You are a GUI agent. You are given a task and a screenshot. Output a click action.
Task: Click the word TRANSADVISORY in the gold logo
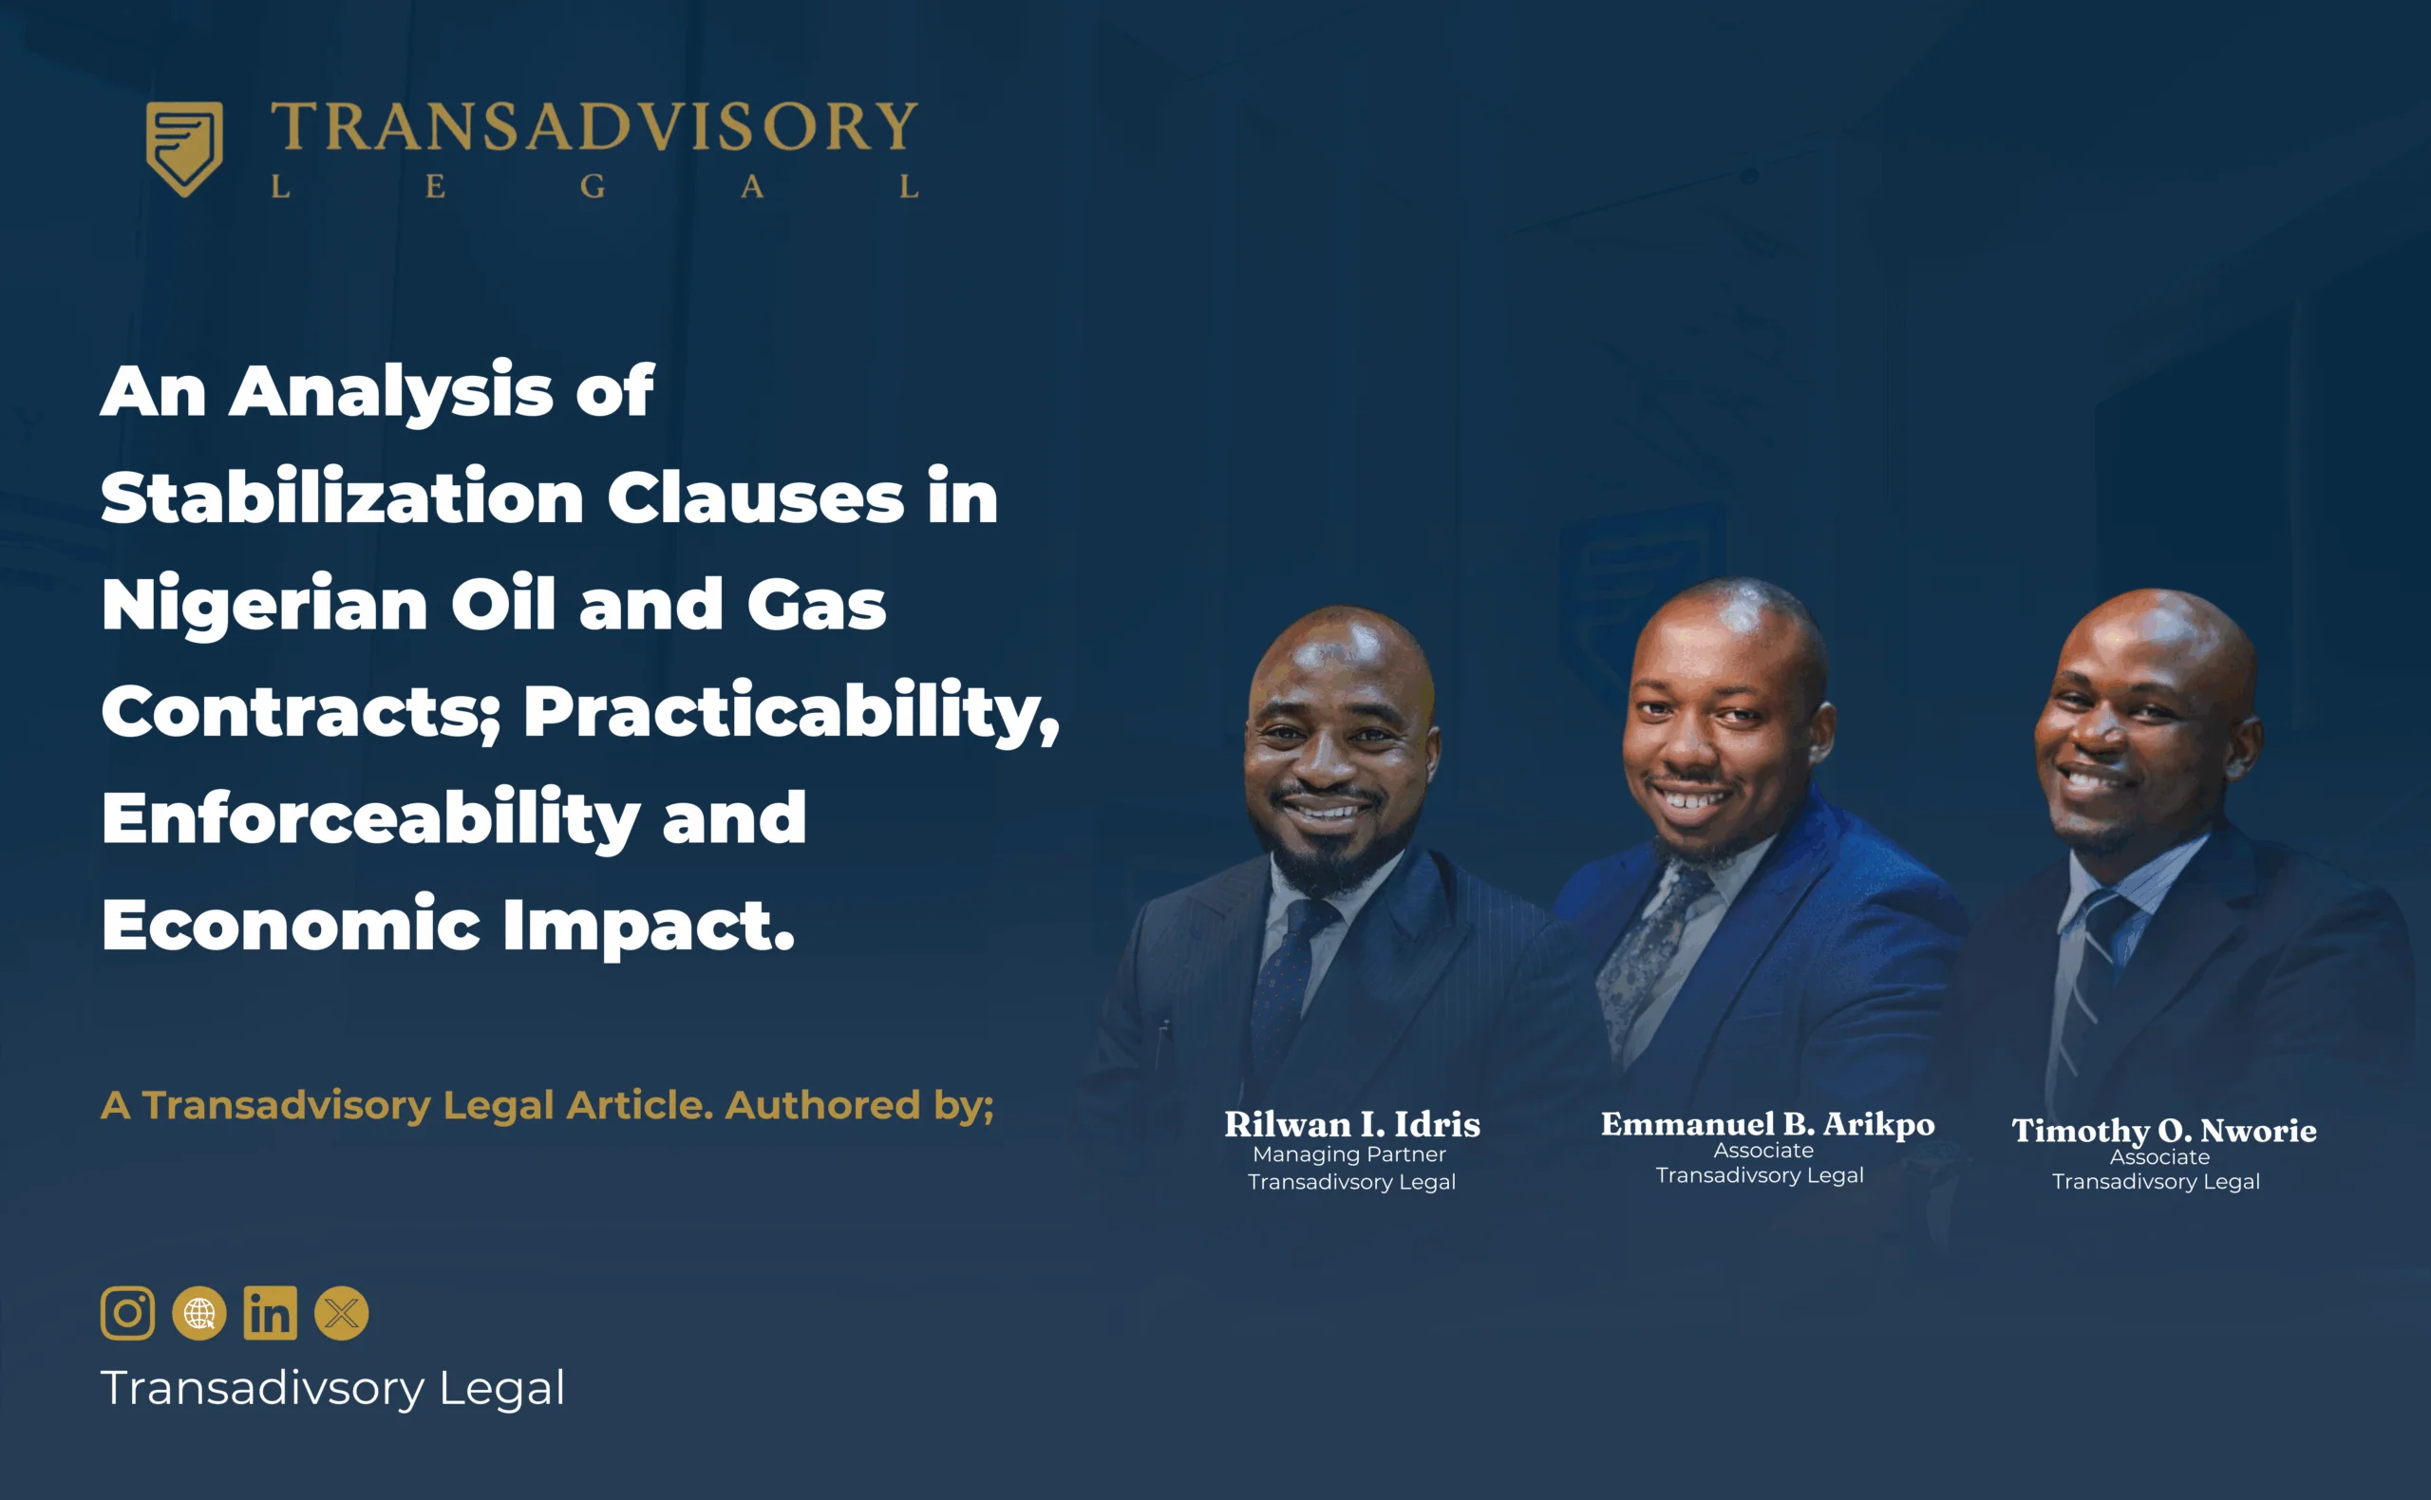[594, 127]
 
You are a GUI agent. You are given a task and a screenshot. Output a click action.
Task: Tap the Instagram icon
[128, 1314]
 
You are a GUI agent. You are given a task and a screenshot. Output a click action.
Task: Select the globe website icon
[199, 1314]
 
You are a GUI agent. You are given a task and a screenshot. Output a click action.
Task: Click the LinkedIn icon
[270, 1314]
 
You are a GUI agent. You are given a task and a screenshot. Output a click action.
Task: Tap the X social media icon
[341, 1314]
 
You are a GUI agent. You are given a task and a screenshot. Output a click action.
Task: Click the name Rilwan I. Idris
[1351, 1124]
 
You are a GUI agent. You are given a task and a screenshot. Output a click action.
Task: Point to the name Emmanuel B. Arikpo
[1767, 1124]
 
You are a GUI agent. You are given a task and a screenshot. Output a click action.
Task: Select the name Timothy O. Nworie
[2164, 1130]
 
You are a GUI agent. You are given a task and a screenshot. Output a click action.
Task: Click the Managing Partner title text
[1349, 1153]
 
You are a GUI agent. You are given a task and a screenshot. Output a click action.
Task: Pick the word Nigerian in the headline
[265, 605]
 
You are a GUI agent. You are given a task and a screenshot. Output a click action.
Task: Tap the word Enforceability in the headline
[371, 818]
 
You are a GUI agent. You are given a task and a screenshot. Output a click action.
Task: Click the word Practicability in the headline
[792, 711]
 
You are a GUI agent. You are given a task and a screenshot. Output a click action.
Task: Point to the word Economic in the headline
[291, 924]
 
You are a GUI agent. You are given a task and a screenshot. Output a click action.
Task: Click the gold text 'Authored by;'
[859, 1105]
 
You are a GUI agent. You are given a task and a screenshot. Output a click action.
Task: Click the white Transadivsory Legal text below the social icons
[332, 1388]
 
